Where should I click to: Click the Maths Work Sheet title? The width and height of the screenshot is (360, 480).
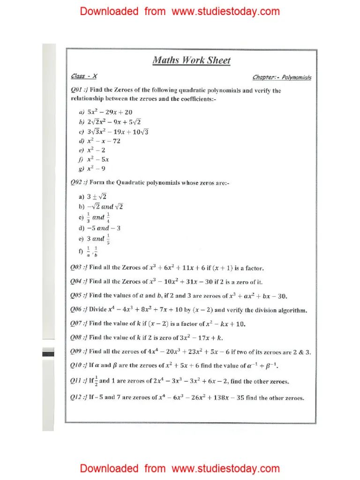(x=191, y=60)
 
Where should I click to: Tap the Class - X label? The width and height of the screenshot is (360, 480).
(x=84, y=76)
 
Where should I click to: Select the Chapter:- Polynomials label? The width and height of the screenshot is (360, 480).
(x=282, y=78)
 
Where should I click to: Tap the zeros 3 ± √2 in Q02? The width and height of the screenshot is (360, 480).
(x=97, y=196)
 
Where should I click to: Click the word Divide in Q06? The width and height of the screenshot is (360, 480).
(x=98, y=310)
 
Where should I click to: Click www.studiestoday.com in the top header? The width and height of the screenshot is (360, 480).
(x=225, y=11)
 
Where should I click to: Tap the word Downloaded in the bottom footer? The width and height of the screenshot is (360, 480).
(x=109, y=468)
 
